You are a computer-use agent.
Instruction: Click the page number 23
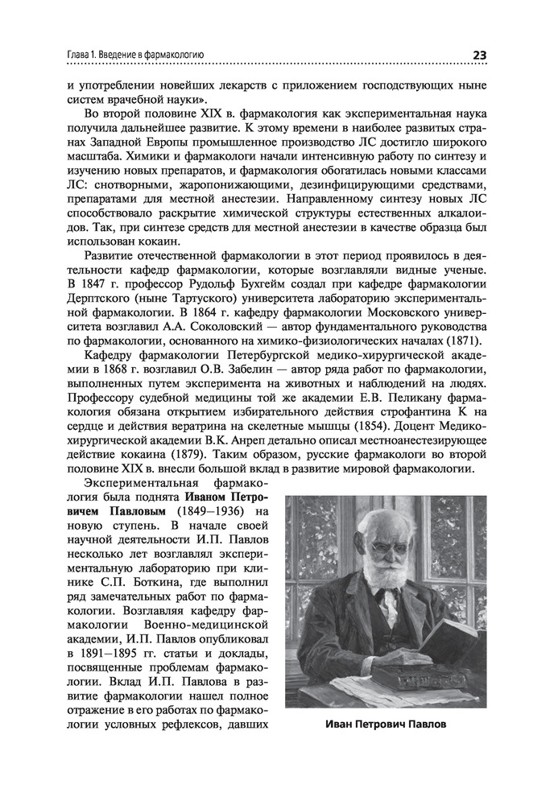tap(478, 55)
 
